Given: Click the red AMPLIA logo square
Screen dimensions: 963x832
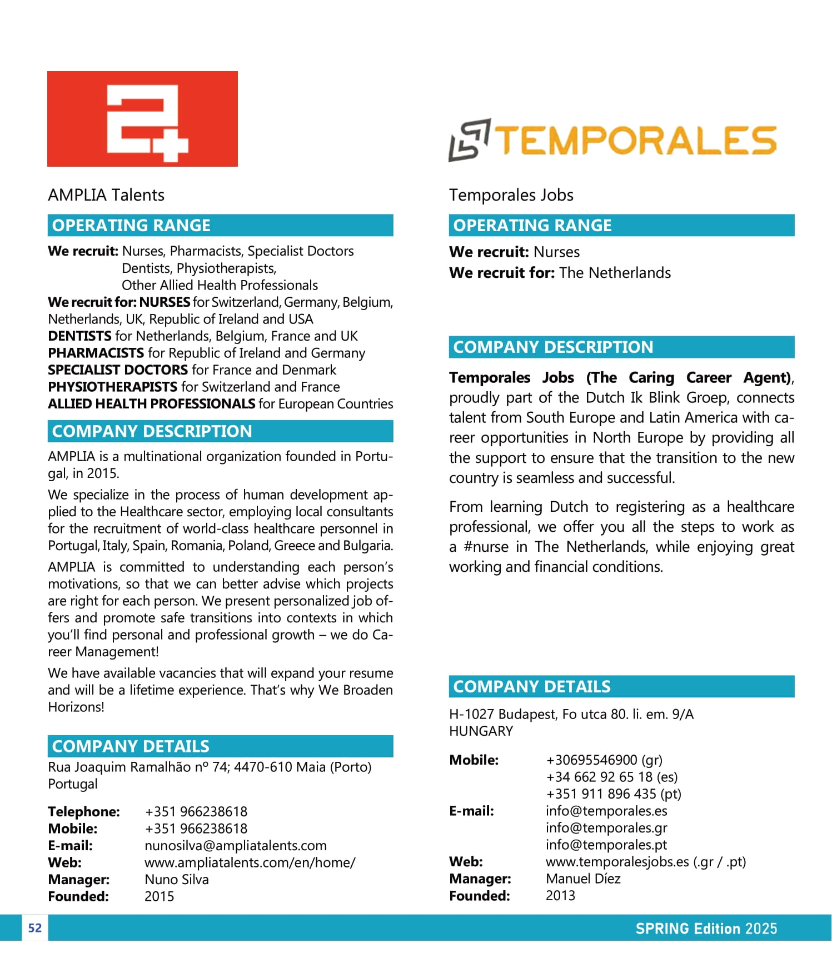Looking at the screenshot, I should pyautogui.click(x=142, y=119).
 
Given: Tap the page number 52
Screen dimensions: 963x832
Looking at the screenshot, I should pyautogui.click(x=34, y=927).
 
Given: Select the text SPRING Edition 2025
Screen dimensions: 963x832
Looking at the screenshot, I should pyautogui.click(x=706, y=928).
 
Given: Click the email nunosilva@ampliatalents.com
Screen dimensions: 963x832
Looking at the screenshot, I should pyautogui.click(x=235, y=845).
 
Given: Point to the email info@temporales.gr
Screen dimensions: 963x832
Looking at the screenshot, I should pyautogui.click(x=606, y=827).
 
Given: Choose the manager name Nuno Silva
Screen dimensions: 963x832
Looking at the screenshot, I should pyautogui.click(x=176, y=879).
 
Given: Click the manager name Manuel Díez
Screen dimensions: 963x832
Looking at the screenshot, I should pyautogui.click(x=582, y=878).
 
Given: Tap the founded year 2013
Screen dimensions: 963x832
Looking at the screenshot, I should pyautogui.click(x=560, y=895).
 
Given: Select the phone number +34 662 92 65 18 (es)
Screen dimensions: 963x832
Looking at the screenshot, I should pyautogui.click(x=611, y=776).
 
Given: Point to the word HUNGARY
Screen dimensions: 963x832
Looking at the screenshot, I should pyautogui.click(x=481, y=731).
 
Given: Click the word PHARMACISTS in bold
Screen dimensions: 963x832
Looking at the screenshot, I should pyautogui.click(x=96, y=353).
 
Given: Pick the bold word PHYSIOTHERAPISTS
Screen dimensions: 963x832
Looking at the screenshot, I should pyautogui.click(x=112, y=387).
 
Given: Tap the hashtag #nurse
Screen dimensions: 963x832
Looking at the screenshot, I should pyautogui.click(x=486, y=547).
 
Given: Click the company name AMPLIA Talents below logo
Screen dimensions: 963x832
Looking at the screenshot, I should pyautogui.click(x=106, y=195).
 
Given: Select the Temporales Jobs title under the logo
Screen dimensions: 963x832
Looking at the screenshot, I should pyautogui.click(x=511, y=195).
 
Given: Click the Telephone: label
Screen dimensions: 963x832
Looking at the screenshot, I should pyautogui.click(x=83, y=811).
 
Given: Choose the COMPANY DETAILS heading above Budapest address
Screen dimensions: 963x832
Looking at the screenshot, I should pyautogui.click(x=531, y=686).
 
